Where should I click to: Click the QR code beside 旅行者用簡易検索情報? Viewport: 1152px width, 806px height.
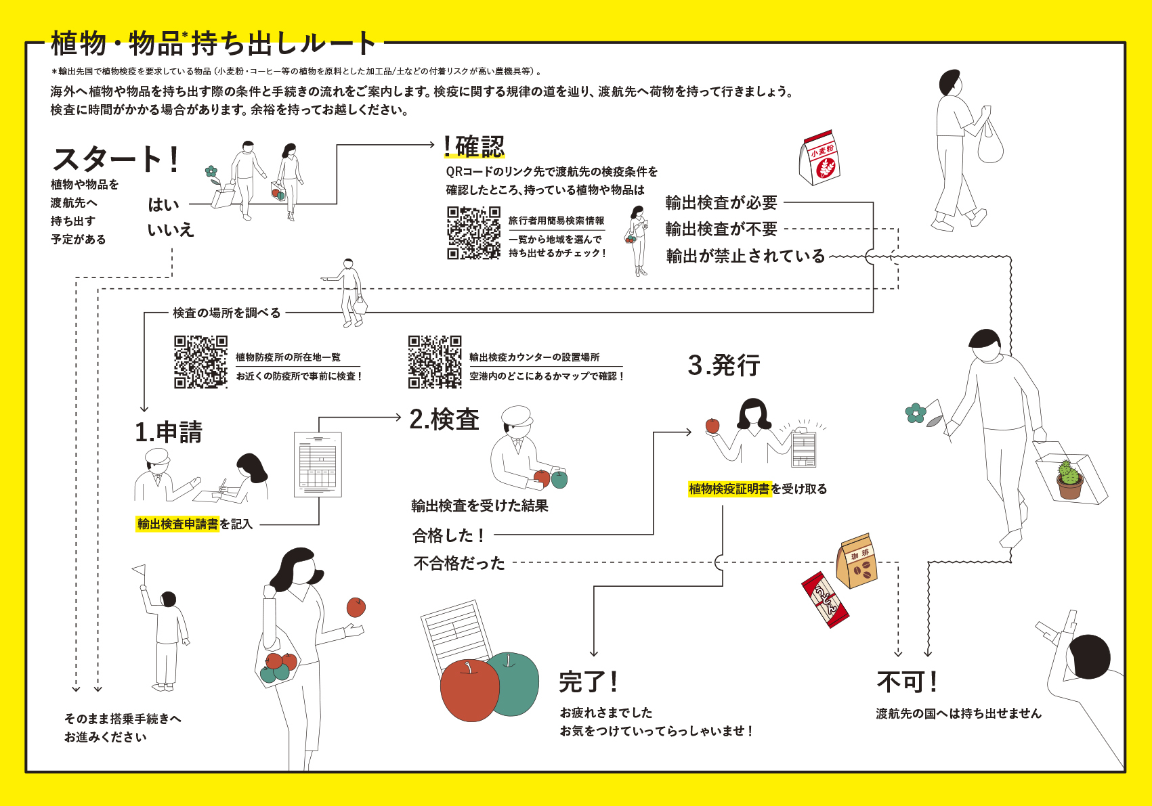click(473, 233)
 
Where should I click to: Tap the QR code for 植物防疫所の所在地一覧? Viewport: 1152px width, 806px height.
click(200, 362)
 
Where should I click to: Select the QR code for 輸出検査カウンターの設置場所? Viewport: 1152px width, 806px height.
click(435, 362)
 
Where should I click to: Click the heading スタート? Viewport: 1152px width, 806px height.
click(116, 160)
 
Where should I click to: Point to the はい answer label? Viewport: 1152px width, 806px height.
click(163, 204)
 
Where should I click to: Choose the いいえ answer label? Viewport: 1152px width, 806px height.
click(171, 230)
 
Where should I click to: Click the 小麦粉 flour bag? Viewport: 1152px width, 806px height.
click(820, 158)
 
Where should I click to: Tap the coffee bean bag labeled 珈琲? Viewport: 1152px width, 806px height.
click(857, 561)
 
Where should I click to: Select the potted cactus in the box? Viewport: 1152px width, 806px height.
click(1069, 479)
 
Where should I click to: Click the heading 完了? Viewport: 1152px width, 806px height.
click(588, 681)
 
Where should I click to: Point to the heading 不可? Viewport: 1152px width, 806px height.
click(907, 681)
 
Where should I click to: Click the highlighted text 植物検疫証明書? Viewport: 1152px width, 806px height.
click(729, 489)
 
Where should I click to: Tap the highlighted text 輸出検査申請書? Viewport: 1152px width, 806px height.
click(177, 524)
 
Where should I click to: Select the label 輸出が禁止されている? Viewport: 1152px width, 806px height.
click(746, 256)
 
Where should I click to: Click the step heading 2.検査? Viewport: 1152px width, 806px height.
click(444, 420)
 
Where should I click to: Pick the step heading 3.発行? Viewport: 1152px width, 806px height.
click(724, 365)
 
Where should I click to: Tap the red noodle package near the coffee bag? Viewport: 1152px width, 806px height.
click(826, 600)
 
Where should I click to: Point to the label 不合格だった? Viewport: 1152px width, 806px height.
click(459, 563)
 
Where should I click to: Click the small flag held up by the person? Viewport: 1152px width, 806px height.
click(139, 570)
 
